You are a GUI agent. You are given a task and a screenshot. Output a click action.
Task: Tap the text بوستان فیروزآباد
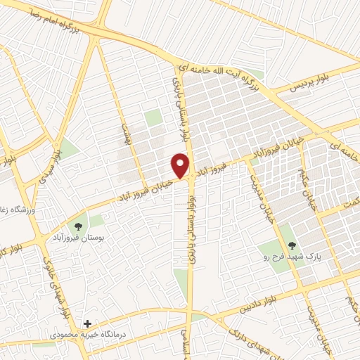click(77, 240)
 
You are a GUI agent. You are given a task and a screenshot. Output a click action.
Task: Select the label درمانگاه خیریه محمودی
click(87, 335)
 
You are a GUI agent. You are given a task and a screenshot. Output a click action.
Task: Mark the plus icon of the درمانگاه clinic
click(87, 324)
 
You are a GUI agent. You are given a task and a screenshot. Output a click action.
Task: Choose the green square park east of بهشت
click(153, 117)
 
